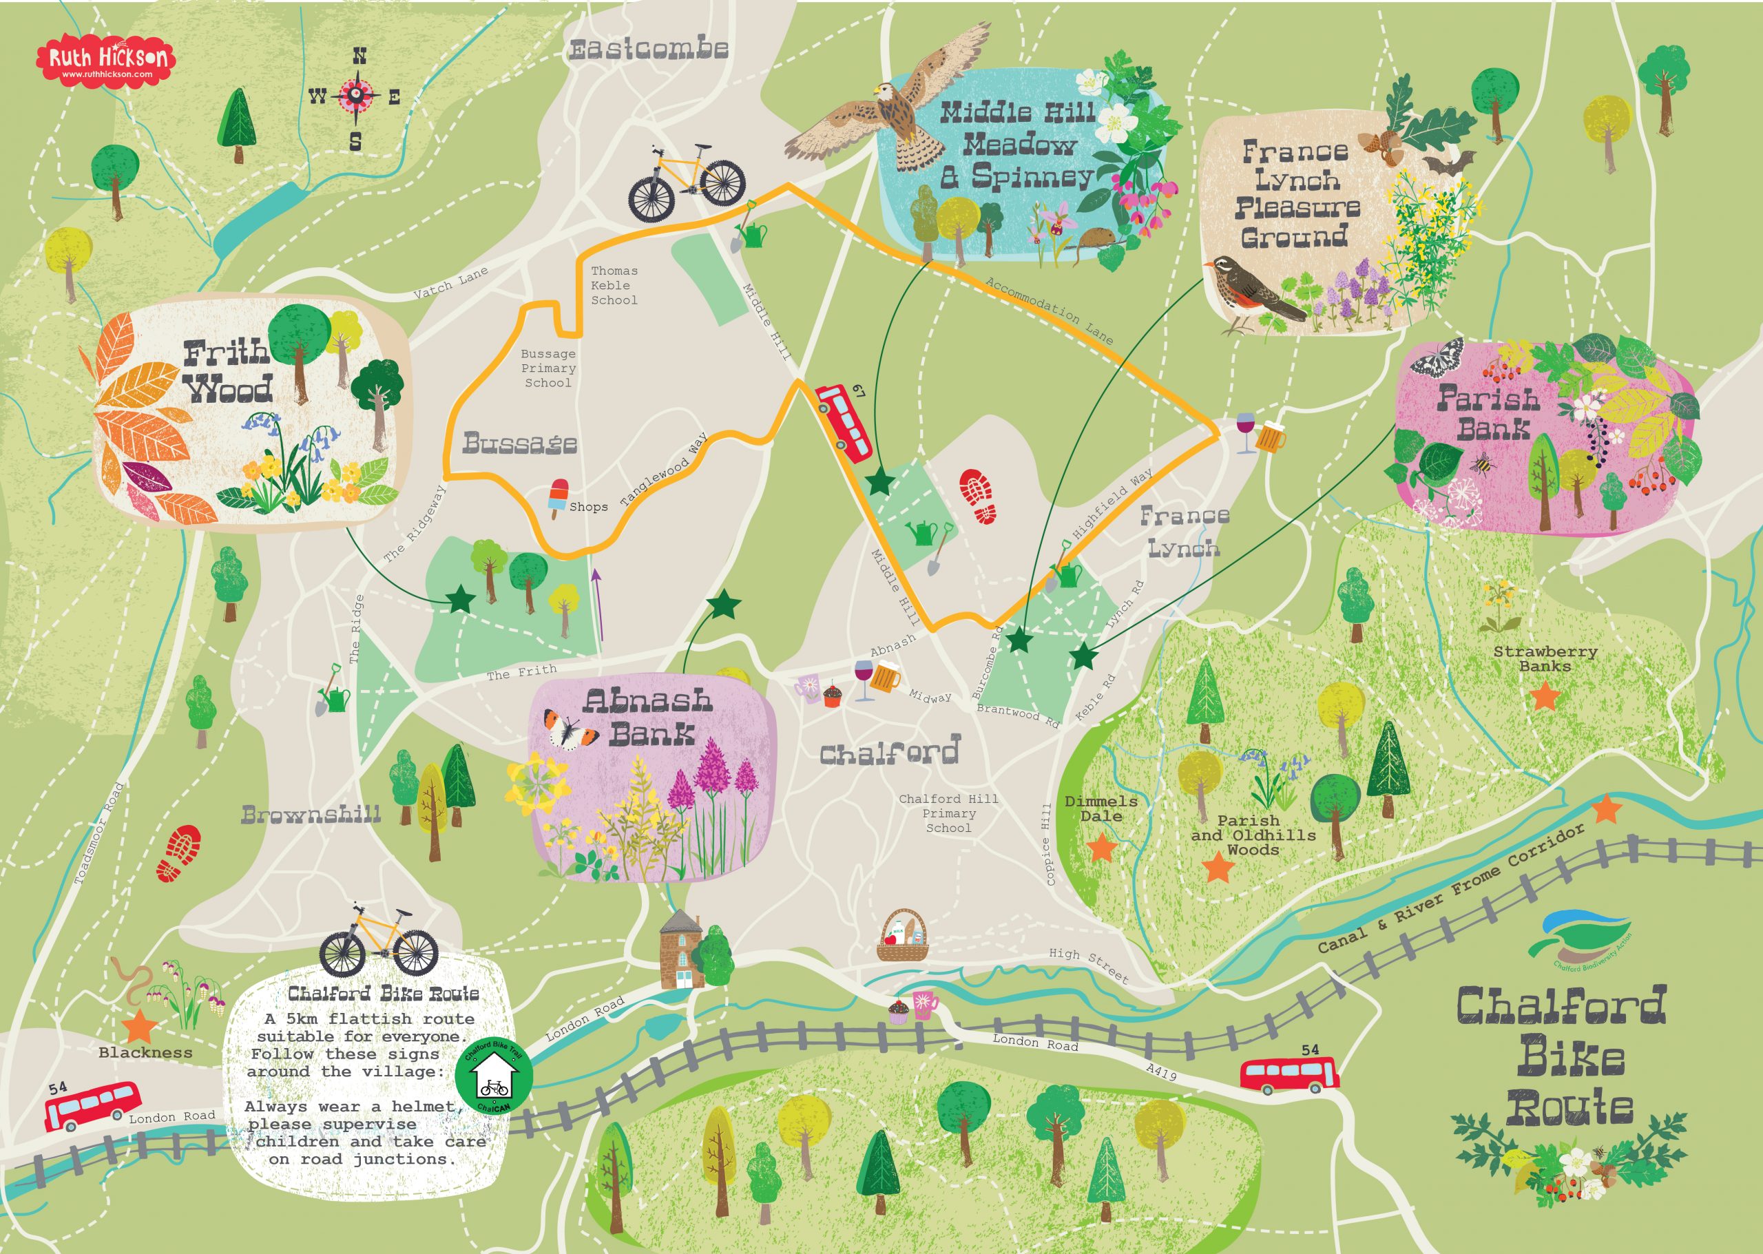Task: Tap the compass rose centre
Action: tap(356, 96)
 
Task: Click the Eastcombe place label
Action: tap(649, 50)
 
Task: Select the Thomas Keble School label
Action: tap(614, 286)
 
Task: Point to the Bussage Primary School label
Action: tap(547, 368)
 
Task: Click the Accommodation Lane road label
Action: tap(1049, 311)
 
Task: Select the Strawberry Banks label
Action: tap(1545, 658)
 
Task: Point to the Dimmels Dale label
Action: tap(1101, 808)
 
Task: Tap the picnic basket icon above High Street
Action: tap(902, 936)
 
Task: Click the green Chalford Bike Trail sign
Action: tap(494, 1075)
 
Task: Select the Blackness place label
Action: tap(145, 1052)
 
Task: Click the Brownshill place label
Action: tap(311, 815)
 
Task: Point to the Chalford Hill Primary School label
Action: tap(948, 813)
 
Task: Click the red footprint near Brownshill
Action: tap(179, 853)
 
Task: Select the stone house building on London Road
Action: tap(680, 950)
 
